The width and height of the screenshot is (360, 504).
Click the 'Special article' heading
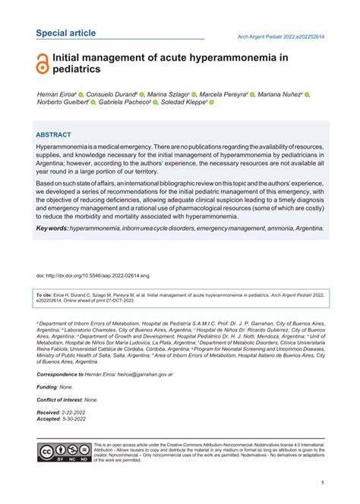66,33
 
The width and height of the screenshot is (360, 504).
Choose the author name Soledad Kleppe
182,102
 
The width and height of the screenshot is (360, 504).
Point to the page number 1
323,482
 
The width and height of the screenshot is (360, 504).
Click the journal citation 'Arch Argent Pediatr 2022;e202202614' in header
282,35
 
